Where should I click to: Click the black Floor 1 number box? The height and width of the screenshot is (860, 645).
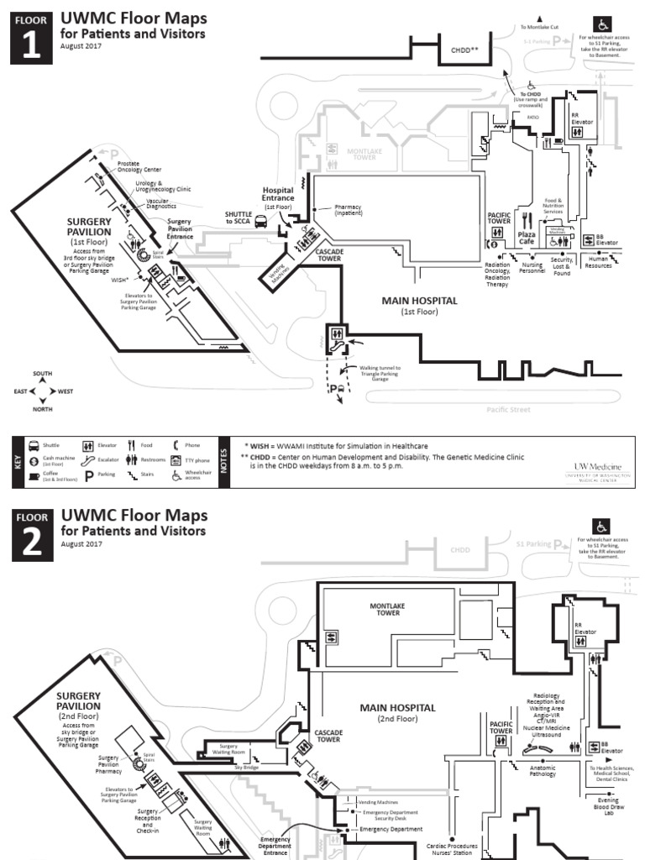(x=31, y=37)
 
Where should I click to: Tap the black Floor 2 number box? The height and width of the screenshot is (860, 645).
(x=31, y=534)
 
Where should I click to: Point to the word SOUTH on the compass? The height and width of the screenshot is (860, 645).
(x=42, y=373)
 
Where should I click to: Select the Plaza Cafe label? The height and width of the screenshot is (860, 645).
(x=527, y=238)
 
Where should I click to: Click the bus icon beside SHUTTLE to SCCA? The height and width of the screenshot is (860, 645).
(x=261, y=223)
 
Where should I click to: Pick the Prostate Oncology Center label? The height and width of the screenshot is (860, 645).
(x=139, y=166)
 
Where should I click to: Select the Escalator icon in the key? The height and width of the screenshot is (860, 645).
(x=88, y=461)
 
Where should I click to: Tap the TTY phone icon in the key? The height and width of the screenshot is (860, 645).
(x=176, y=461)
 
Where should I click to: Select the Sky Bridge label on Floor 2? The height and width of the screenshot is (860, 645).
(x=246, y=767)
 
